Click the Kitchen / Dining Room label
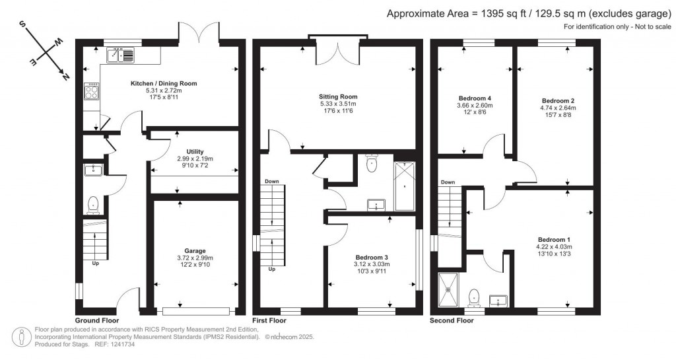[x=164, y=83]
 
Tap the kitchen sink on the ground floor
[x=121, y=55]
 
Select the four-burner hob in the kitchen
[x=92, y=90]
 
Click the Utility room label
[x=195, y=152]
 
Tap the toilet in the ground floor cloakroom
[x=93, y=205]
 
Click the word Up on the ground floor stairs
[x=95, y=263]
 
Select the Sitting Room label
[x=338, y=96]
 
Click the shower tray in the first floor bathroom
[x=405, y=186]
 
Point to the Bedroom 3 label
[x=372, y=257]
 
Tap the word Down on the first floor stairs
[x=271, y=182]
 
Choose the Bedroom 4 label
[x=475, y=98]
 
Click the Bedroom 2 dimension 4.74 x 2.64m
[x=558, y=108]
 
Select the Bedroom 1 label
[x=554, y=240]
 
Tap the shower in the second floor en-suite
[x=449, y=290]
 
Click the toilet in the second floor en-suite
[x=474, y=298]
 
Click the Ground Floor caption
[x=97, y=320]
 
